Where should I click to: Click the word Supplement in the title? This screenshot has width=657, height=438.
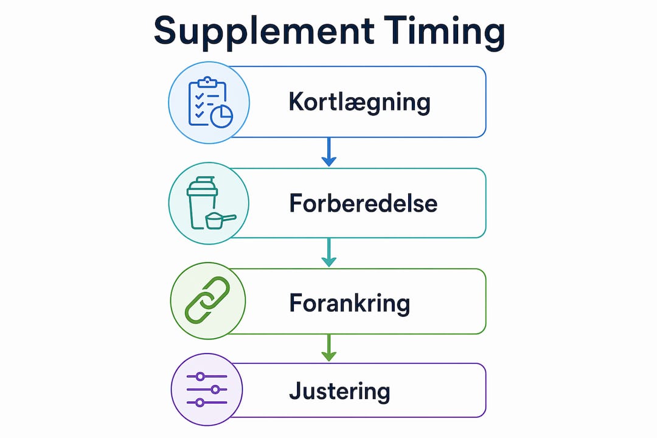pos(264,32)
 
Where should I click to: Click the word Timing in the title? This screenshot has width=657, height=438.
pos(445,32)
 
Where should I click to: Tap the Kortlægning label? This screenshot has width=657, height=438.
pos(359,102)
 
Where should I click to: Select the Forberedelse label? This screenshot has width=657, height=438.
pos(363,203)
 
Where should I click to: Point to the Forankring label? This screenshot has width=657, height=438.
pos(349,303)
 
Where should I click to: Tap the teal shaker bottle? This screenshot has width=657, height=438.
pos(202,203)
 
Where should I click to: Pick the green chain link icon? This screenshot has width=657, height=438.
pos(207,300)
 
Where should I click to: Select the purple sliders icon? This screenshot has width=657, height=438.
pos(207,389)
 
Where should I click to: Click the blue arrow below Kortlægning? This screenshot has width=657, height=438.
pos(329,151)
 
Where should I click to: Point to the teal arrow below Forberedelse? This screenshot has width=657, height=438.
pos(329,252)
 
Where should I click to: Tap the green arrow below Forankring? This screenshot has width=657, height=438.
pos(329,347)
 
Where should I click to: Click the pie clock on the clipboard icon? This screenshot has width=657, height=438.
pos(221,116)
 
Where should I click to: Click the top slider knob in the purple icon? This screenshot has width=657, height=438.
pos(200,377)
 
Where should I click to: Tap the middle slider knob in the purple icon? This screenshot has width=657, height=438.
pos(215,389)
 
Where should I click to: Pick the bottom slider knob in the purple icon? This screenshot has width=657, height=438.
pos(200,403)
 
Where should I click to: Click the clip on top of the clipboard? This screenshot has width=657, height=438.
pos(207,82)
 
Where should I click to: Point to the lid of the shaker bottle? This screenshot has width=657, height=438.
pos(203,186)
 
